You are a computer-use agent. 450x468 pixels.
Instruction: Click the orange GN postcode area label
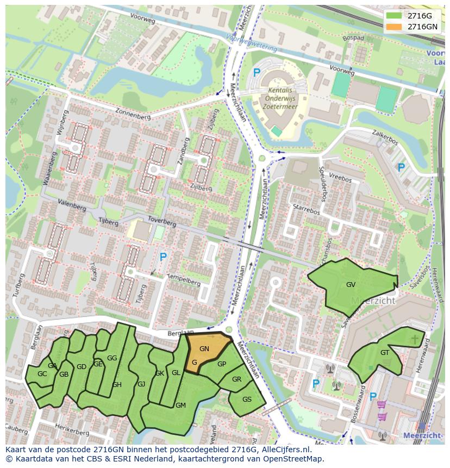point(204,349)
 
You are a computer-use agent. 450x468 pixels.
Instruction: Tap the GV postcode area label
point(351,285)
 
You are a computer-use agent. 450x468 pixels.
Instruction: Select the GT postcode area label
point(385,353)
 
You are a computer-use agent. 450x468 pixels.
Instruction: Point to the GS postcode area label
point(247,400)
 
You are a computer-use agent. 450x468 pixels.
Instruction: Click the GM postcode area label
point(180,405)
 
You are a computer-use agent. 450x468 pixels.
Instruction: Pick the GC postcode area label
point(42,374)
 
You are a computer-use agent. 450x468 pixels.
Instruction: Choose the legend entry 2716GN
point(422,27)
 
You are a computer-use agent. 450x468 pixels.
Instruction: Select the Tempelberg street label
point(185,279)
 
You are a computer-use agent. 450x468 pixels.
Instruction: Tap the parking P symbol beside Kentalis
point(257,72)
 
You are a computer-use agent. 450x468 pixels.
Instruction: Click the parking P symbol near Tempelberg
point(162,257)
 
